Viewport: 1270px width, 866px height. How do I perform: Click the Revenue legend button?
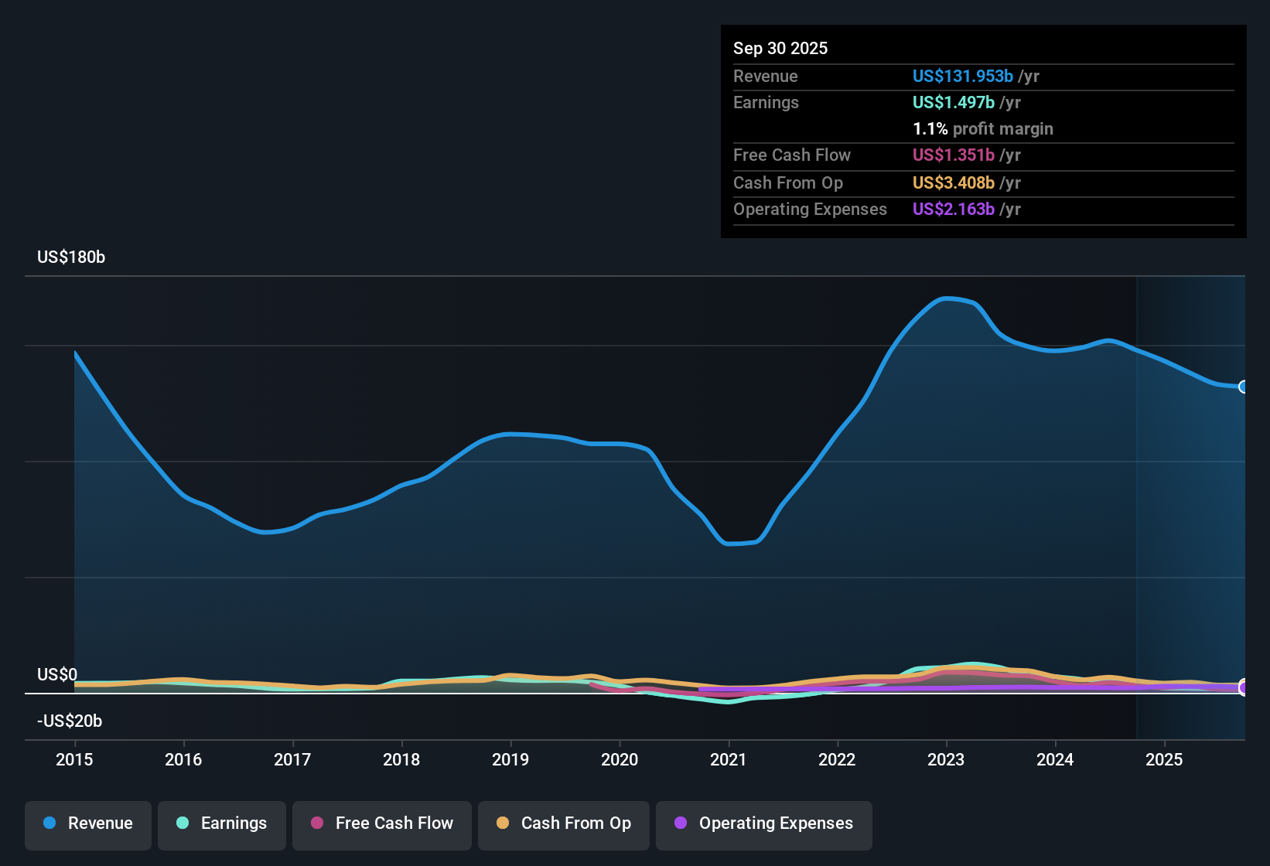pyautogui.click(x=88, y=823)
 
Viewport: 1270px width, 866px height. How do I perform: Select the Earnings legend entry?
pyautogui.click(x=222, y=823)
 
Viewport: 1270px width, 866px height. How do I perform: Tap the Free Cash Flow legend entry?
pyautogui.click(x=382, y=823)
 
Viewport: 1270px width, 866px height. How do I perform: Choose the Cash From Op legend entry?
pyautogui.click(x=564, y=823)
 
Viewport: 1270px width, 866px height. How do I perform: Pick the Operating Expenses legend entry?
pyautogui.click(x=764, y=823)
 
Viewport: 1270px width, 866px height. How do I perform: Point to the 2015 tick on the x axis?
pyautogui.click(x=74, y=759)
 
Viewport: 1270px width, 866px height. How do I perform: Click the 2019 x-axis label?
pyautogui.click(x=510, y=759)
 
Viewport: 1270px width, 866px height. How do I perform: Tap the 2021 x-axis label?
pyautogui.click(x=729, y=759)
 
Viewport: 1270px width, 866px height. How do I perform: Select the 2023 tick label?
pyautogui.click(x=946, y=759)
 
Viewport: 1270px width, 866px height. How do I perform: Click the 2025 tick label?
pyautogui.click(x=1164, y=759)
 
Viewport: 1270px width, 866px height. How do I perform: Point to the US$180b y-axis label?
pyautogui.click(x=71, y=257)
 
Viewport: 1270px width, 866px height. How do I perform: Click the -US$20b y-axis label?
pyautogui.click(x=70, y=721)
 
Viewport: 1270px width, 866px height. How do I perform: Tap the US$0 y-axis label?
pyautogui.click(x=57, y=675)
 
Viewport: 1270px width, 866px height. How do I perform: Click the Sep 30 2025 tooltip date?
pyautogui.click(x=780, y=48)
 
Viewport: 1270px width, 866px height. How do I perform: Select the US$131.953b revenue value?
pyautogui.click(x=962, y=76)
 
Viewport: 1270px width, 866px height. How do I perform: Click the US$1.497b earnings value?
pyautogui.click(x=953, y=103)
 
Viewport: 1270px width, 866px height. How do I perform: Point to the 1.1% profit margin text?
pyautogui.click(x=983, y=129)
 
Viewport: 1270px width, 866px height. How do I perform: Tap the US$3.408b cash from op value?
pyautogui.click(x=953, y=183)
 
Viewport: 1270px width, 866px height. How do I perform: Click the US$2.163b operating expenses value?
pyautogui.click(x=953, y=210)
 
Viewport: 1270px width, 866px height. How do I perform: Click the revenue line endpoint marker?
pyautogui.click(x=1243, y=387)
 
